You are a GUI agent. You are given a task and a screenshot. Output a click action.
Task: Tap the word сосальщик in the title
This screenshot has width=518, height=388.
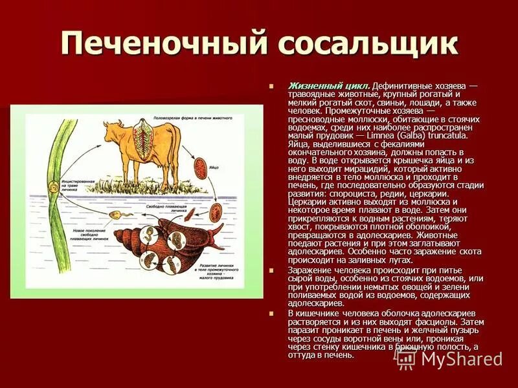click(x=366, y=44)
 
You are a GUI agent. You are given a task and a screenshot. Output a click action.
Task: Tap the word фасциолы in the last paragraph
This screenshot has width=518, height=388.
click(x=409, y=321)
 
